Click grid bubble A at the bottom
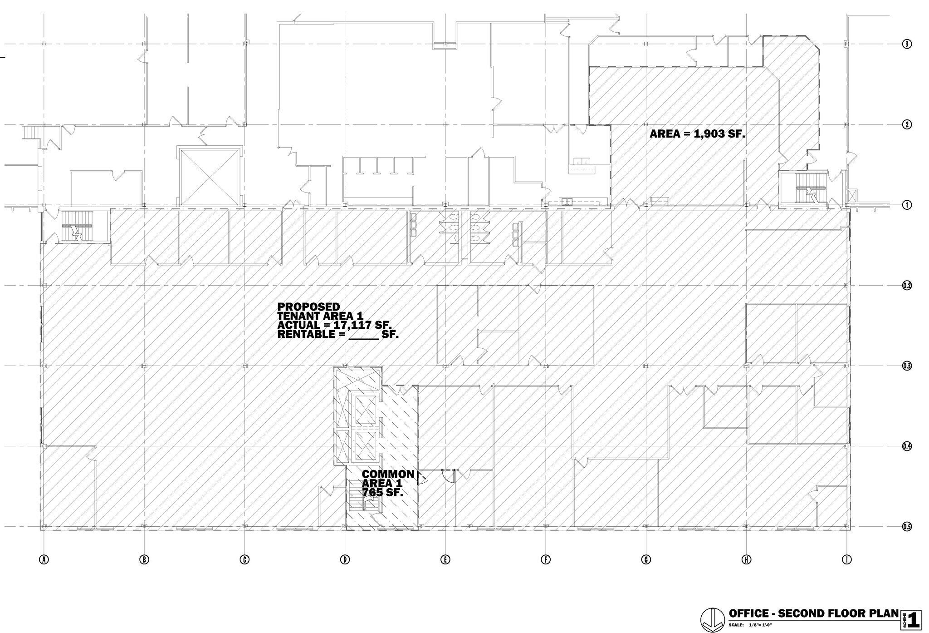point(44,559)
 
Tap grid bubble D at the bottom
point(345,559)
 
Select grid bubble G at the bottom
point(646,559)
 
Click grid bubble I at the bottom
point(846,559)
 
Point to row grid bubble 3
point(906,44)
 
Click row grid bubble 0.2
point(906,285)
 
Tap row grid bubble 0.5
point(906,527)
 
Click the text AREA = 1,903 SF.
point(697,134)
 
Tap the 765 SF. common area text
point(382,492)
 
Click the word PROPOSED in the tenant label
point(308,307)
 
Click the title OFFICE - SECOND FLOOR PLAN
point(813,613)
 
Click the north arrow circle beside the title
point(712,620)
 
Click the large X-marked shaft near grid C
point(210,177)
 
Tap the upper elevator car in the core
point(365,410)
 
